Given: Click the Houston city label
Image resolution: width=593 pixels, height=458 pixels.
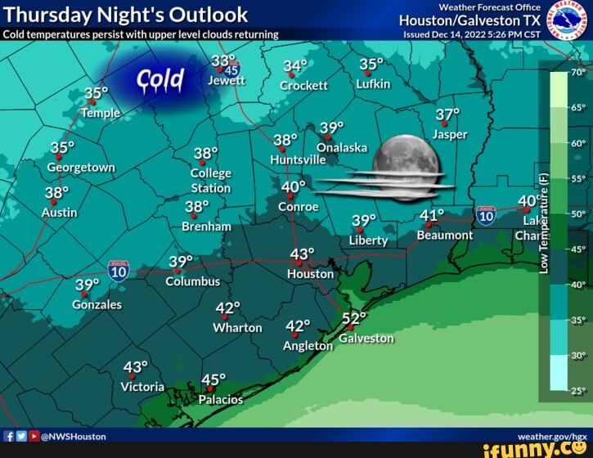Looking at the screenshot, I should [310, 274].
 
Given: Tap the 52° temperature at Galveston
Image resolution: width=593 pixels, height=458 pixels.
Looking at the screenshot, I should [354, 319].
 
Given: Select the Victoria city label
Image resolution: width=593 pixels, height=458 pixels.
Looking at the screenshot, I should [142, 386].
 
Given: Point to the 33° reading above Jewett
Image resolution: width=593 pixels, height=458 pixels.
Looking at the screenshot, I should [222, 62].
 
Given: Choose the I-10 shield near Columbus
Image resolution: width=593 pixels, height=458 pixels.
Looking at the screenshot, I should [119, 271].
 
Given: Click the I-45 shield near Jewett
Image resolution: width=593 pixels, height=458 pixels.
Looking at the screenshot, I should [231, 70].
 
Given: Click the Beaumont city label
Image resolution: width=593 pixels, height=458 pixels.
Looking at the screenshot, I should [444, 235].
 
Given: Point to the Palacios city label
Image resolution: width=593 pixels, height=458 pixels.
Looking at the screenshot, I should [221, 400].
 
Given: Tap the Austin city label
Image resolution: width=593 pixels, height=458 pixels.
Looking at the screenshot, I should [59, 213].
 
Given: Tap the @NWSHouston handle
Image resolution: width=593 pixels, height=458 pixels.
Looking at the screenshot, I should [73, 437].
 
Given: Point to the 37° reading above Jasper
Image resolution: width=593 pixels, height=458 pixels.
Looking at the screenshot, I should [447, 115].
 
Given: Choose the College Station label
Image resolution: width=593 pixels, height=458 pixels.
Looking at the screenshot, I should [210, 181].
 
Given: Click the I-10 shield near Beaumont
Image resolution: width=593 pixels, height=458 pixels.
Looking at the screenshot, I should [486, 215].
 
